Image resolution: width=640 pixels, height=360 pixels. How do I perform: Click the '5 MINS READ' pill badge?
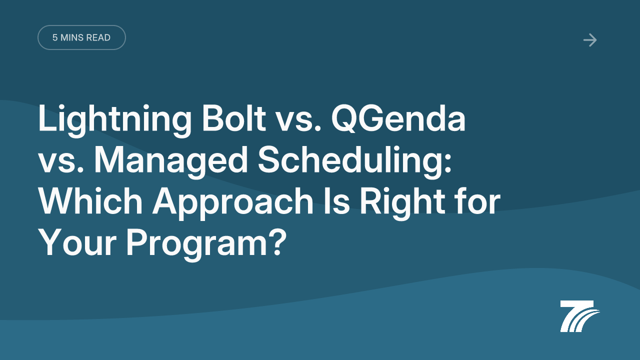81,37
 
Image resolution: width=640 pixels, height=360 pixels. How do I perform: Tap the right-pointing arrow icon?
590,40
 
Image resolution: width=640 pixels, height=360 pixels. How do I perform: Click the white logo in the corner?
579,316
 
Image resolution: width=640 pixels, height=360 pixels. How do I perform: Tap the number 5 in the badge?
55,37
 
